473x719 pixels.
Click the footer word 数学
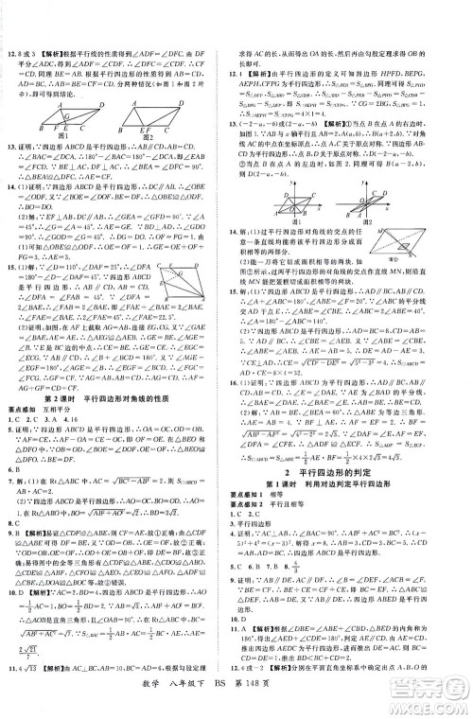tap(182, 701)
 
